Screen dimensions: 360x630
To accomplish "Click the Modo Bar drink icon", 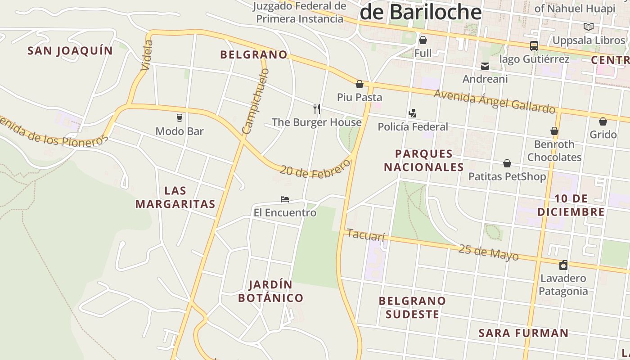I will pos(180,118).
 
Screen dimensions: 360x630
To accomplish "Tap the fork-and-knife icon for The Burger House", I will pos(317,108).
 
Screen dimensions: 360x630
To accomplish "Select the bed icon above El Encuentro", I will pos(284,199).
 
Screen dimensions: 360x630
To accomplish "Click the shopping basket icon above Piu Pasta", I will pos(360,84).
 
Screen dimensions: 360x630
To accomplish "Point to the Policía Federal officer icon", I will pos(412,113).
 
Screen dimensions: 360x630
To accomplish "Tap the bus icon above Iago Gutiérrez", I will pos(534,46).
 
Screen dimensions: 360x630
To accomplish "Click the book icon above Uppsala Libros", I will pos(589,27).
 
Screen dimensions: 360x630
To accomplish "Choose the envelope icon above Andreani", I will pos(485,66).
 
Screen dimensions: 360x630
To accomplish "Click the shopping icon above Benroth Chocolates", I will pos(554,131).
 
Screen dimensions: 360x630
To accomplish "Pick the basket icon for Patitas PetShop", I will pos(507,163).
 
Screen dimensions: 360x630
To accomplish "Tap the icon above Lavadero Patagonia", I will pos(563,265).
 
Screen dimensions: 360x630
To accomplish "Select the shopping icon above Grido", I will pos(603,121).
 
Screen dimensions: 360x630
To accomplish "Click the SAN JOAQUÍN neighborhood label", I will pos(70,51).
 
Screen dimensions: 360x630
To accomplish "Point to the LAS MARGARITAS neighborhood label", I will pos(175,197).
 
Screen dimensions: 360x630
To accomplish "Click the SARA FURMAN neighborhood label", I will pos(523,333).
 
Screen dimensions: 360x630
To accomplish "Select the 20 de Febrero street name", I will pos(315,170).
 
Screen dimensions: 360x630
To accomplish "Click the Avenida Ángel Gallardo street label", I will pos(495,102).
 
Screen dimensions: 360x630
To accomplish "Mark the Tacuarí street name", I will pos(366,235).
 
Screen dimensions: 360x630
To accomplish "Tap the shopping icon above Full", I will pos(423,40).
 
